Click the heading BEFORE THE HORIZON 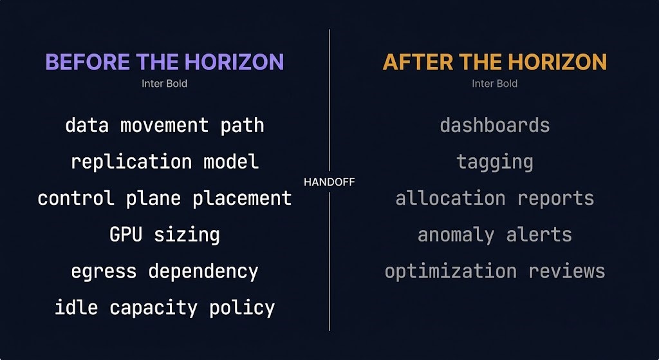tap(165, 62)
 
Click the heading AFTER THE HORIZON tap(494, 62)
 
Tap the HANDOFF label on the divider tap(329, 182)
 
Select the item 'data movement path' tap(165, 125)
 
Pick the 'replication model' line tap(165, 162)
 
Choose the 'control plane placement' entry tap(165, 198)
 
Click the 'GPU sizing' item tap(165, 235)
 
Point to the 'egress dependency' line tap(165, 271)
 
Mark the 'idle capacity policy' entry tap(165, 308)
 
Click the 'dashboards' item tap(494, 125)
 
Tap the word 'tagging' tap(494, 162)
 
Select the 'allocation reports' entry tap(494, 198)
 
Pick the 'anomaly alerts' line tap(494, 235)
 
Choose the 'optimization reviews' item tap(494, 271)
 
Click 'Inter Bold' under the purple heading tap(165, 84)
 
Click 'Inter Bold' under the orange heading tap(494, 84)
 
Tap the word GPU tap(125, 235)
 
